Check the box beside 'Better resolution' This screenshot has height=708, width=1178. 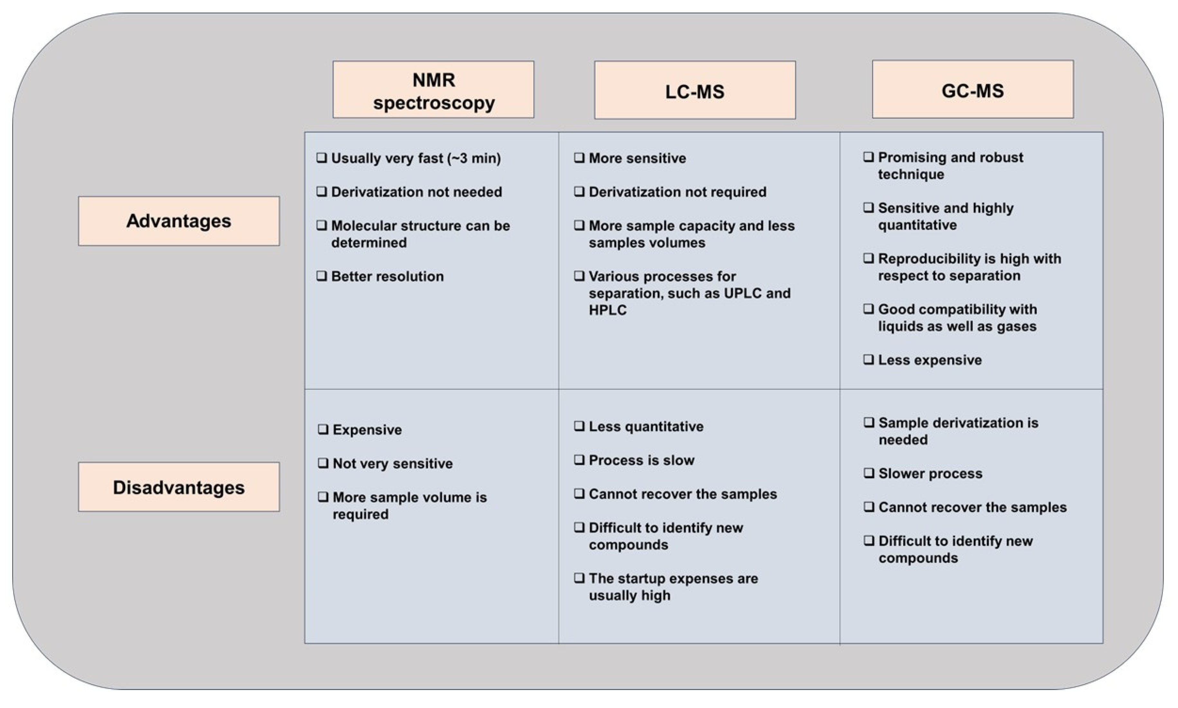(x=322, y=276)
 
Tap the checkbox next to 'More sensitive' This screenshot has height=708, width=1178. (x=579, y=158)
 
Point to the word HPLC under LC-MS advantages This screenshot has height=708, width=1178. (x=607, y=310)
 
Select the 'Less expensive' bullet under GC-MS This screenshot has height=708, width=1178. (x=930, y=360)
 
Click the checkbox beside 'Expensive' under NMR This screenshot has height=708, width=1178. (x=323, y=429)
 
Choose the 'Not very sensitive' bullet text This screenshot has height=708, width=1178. (x=392, y=463)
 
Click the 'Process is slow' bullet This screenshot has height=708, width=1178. (x=641, y=460)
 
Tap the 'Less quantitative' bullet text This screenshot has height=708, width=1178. (x=646, y=426)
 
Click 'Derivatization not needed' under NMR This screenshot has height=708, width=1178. (x=416, y=192)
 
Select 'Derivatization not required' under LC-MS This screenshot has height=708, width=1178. (x=677, y=192)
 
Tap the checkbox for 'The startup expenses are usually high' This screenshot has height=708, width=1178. (x=579, y=578)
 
